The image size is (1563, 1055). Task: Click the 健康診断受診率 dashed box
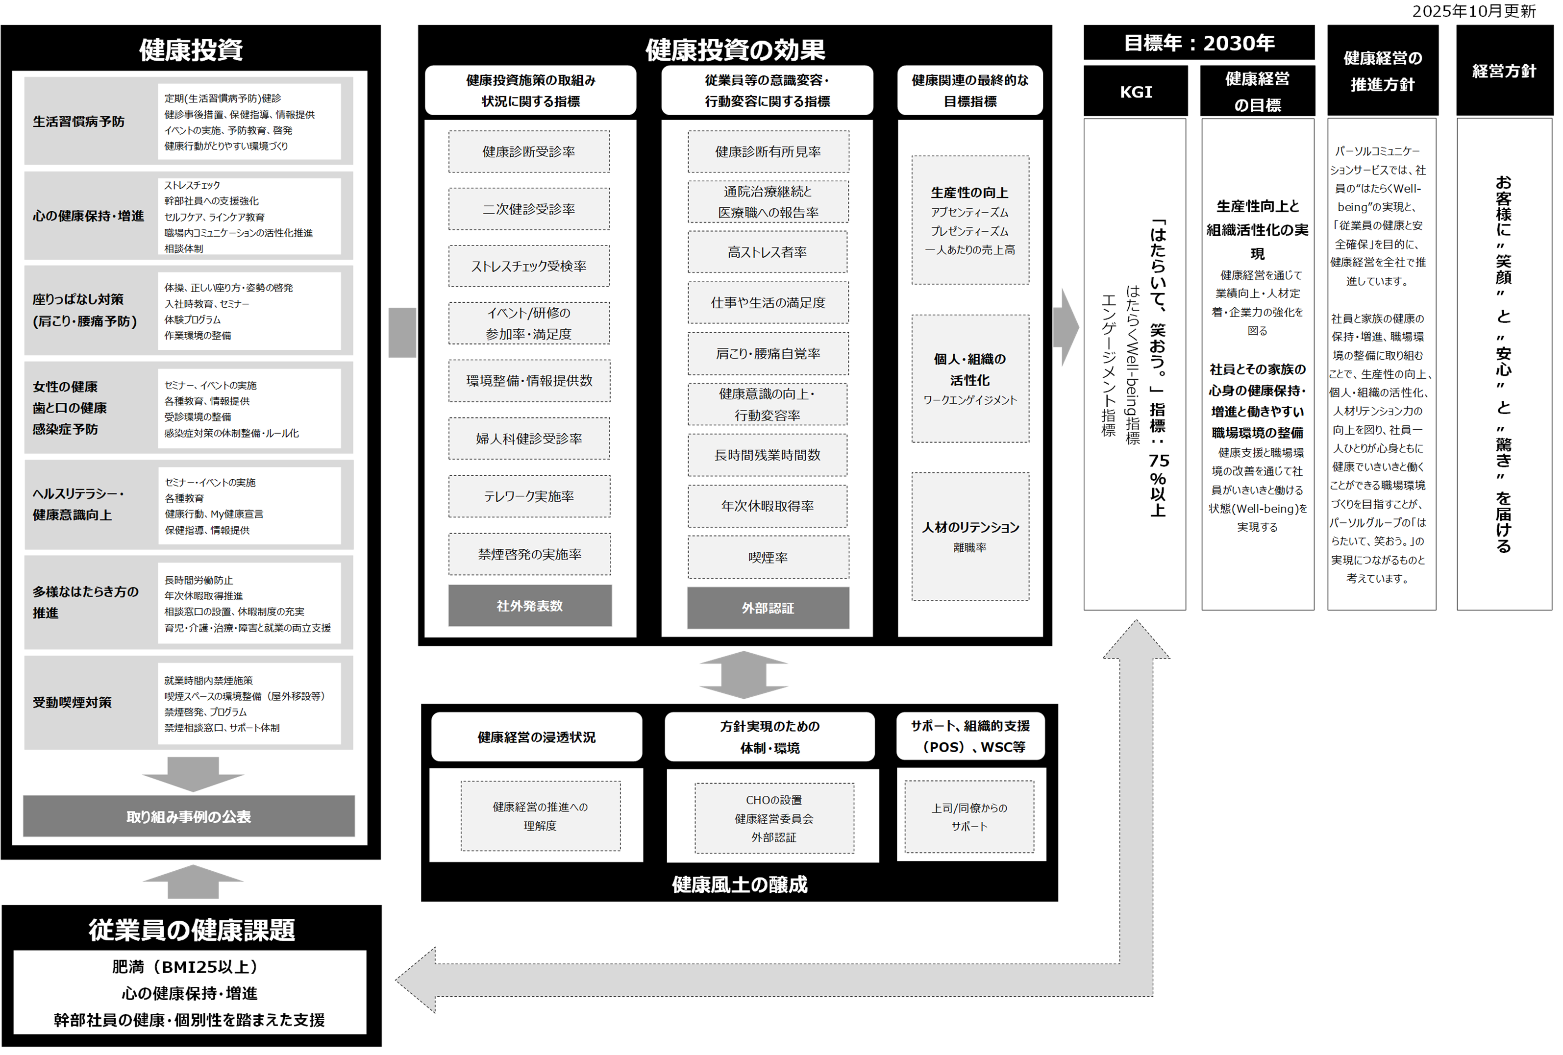pos(529,152)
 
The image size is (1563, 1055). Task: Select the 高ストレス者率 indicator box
pos(768,252)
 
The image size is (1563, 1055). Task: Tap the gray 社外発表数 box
pos(530,606)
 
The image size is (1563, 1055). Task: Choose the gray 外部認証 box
pos(768,608)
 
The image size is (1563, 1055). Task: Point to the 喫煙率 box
pos(768,558)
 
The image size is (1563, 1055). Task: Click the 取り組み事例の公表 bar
pos(189,816)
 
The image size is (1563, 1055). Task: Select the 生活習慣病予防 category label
pos(79,122)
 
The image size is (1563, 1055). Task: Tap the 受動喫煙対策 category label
pos(72,703)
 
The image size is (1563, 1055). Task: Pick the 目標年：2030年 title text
pos(1199,43)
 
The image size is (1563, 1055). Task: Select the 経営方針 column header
pos(1504,71)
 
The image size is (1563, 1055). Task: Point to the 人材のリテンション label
pos(970,527)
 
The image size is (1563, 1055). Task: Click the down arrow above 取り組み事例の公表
pos(193,774)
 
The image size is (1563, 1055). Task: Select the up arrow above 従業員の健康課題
pos(193,881)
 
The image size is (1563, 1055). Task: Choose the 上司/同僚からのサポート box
pos(969,816)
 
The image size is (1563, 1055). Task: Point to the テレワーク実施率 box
pos(529,496)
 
